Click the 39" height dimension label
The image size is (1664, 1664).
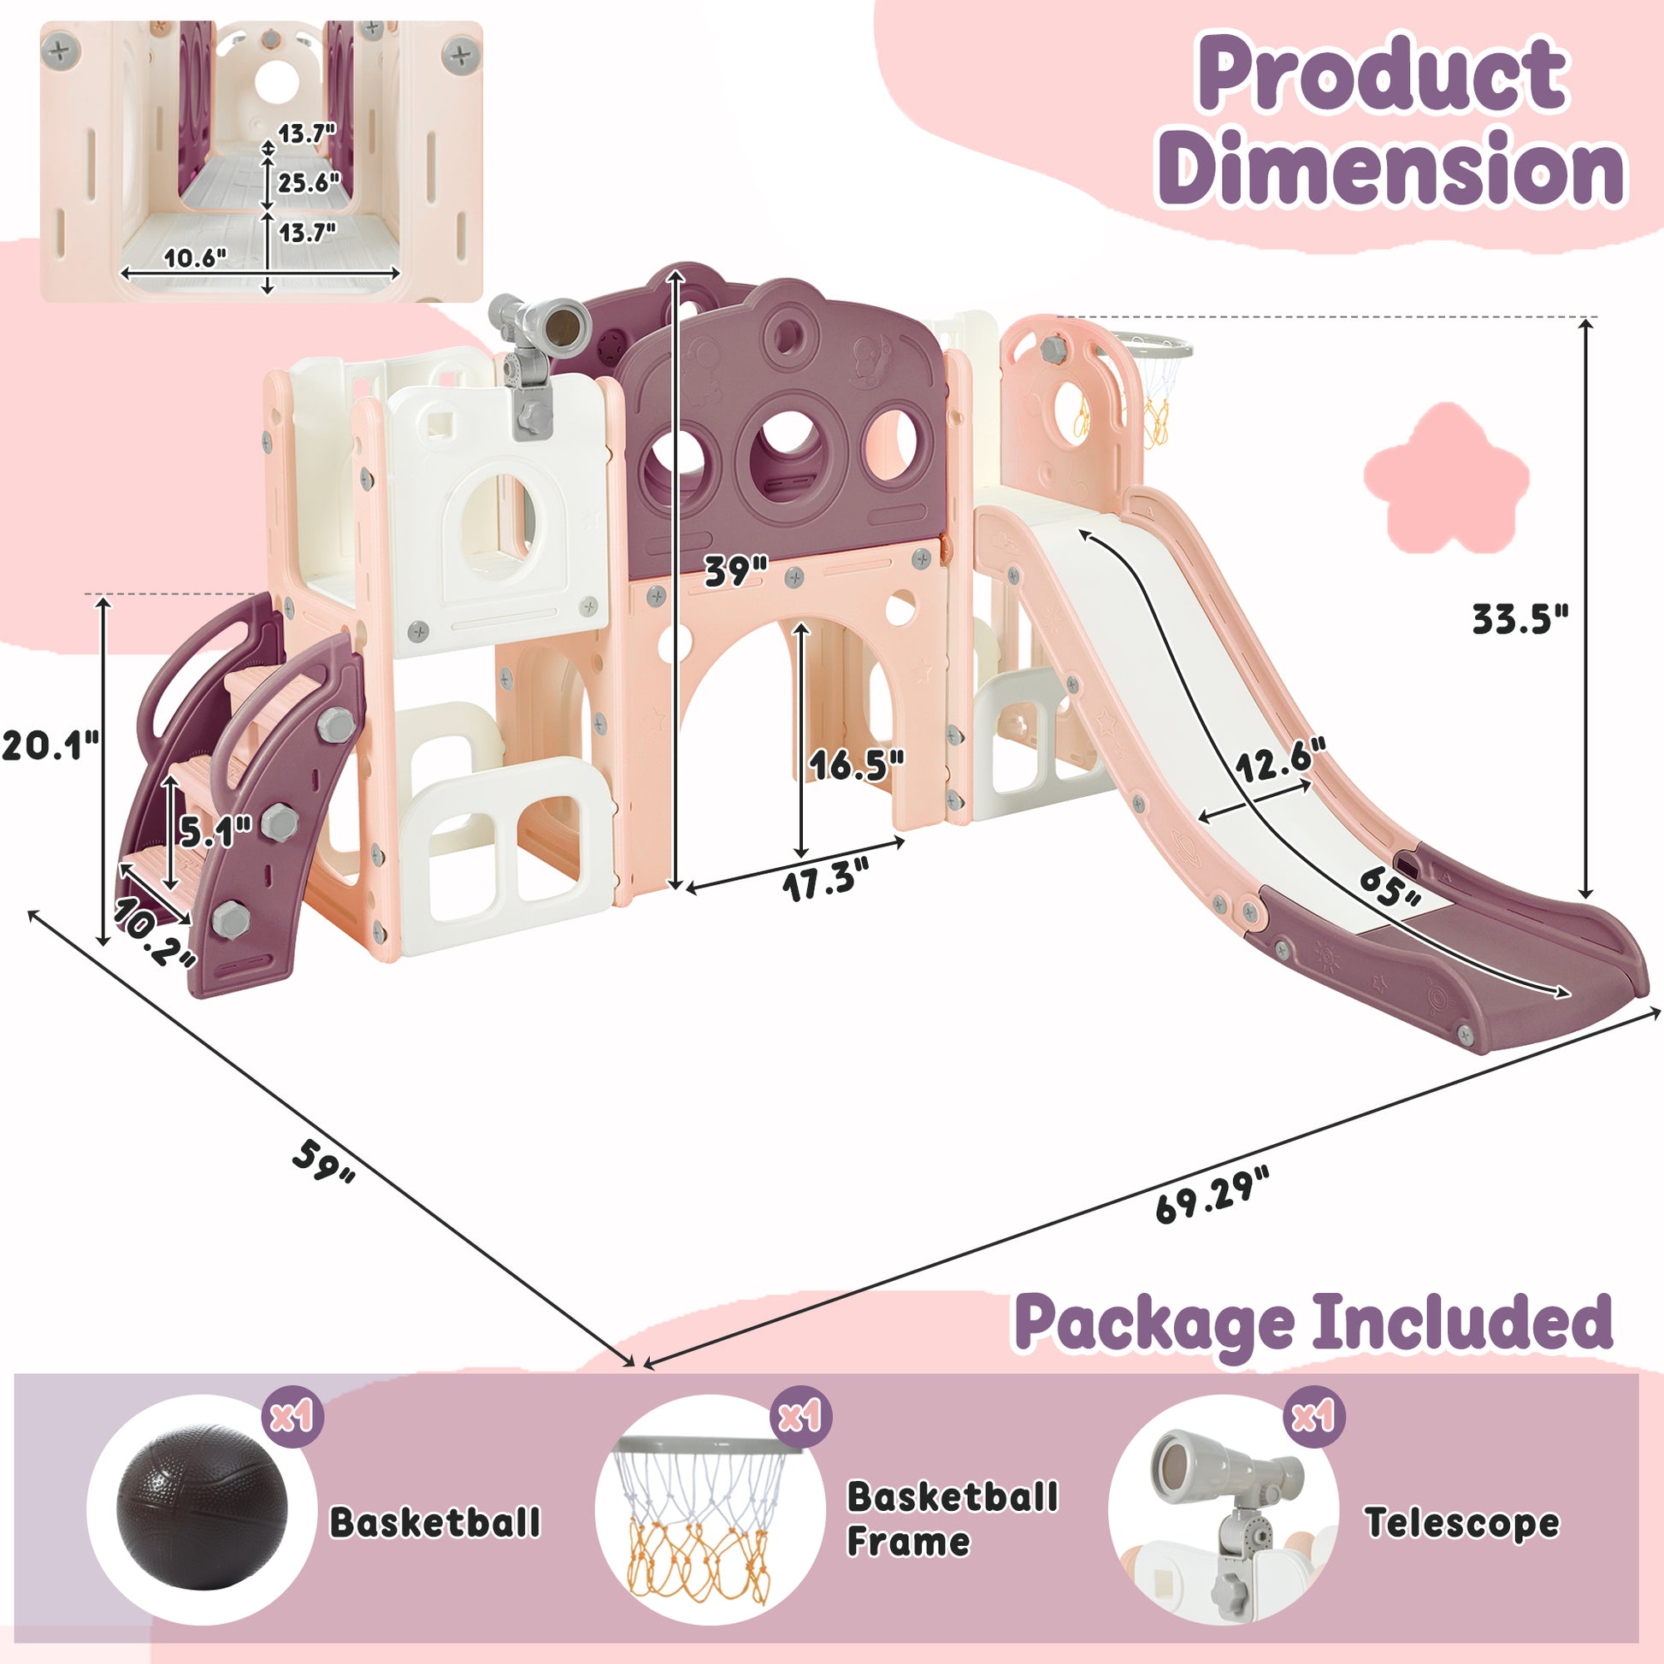pyautogui.click(x=735, y=571)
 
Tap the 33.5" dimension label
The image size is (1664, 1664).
pyautogui.click(x=1520, y=619)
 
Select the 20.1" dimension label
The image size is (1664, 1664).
pyautogui.click(x=50, y=745)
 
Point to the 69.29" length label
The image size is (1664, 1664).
pyautogui.click(x=1212, y=1195)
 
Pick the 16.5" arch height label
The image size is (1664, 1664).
pyautogui.click(x=857, y=764)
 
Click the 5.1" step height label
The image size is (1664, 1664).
pyautogui.click(x=215, y=830)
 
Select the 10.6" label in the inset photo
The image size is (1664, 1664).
pyautogui.click(x=195, y=257)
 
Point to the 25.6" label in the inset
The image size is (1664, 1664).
pyautogui.click(x=309, y=183)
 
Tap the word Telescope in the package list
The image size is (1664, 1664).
pyautogui.click(x=1461, y=1523)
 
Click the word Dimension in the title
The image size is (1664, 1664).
pyautogui.click(x=1390, y=168)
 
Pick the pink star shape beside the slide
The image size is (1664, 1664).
pyautogui.click(x=1446, y=478)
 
